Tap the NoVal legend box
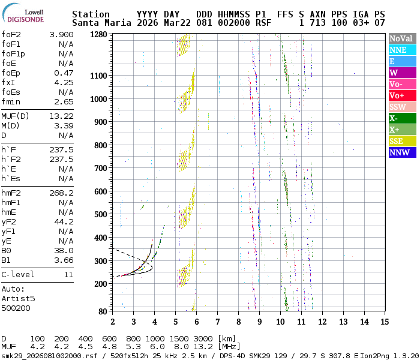(x=402, y=38)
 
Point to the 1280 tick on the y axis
(x=98, y=35)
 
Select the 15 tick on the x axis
(x=384, y=322)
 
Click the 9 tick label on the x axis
(x=259, y=322)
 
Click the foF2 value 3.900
(x=61, y=35)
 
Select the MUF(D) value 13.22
(x=61, y=116)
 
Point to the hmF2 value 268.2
(x=61, y=193)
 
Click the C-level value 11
(x=68, y=275)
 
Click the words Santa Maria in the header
(x=98, y=23)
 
